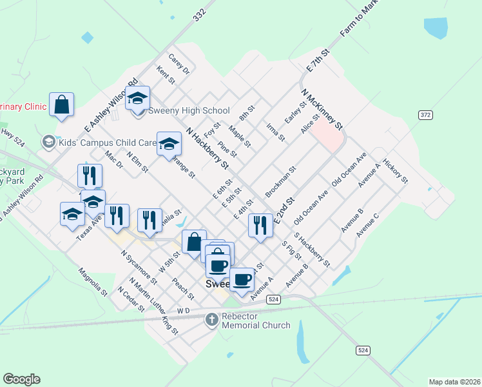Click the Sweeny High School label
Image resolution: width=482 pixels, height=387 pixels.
coord(189,110)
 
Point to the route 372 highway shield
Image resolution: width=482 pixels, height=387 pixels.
coord(425,115)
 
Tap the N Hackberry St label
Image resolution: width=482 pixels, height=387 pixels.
coord(207,148)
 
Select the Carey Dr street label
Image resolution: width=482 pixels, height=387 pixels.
coord(179,63)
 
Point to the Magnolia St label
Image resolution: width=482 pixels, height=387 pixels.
coord(92,281)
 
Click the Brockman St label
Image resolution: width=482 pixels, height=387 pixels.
coord(280,182)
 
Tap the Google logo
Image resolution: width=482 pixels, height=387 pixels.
coord(21,379)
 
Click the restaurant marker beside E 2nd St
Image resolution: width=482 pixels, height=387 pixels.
coord(260,225)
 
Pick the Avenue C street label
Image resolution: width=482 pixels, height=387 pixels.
coord(368,224)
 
